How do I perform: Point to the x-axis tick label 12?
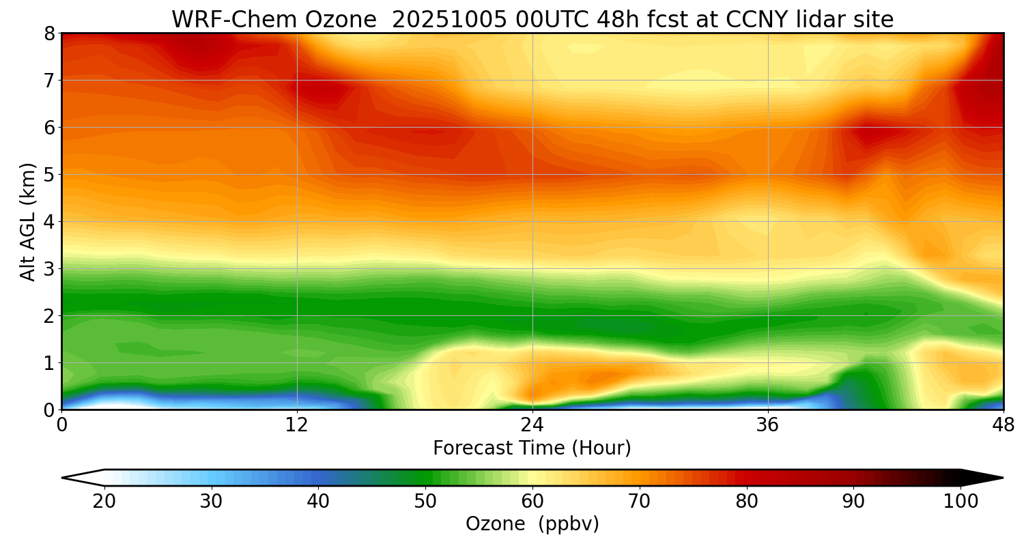[297, 424]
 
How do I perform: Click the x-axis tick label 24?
[532, 424]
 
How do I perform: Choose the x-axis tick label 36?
[768, 424]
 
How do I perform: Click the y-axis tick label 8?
[49, 33]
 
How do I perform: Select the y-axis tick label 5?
[49, 175]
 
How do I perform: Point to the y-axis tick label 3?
[49, 269]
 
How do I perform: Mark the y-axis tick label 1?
[49, 363]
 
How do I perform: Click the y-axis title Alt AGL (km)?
[28, 221]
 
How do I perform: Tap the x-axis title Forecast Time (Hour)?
[532, 448]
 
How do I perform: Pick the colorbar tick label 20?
[104, 502]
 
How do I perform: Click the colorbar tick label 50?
[425, 502]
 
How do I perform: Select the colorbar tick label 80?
[747, 502]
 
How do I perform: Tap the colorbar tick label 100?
[961, 502]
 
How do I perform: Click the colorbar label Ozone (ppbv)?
[532, 524]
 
